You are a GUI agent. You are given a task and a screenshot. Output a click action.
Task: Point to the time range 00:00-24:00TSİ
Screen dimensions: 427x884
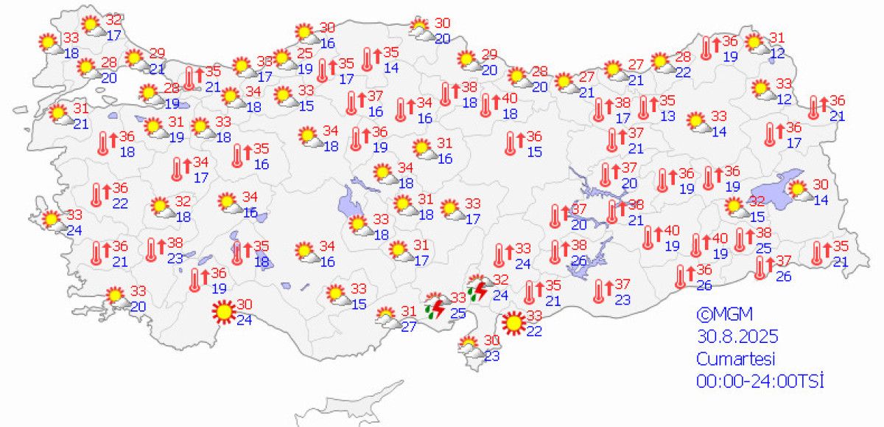tap(759, 381)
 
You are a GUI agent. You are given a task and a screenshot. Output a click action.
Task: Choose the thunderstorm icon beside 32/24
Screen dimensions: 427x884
tap(478, 288)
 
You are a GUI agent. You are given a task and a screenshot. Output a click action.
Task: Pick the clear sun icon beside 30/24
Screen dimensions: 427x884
tap(223, 313)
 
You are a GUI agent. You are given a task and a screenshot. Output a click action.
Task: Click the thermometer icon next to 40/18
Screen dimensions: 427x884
tap(486, 105)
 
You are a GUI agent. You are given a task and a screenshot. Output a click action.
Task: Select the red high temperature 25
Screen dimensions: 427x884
tap(304, 54)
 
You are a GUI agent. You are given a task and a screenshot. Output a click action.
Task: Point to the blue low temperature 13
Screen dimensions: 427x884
tap(667, 116)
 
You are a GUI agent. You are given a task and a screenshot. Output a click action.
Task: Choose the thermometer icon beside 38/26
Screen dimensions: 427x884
tap(555, 251)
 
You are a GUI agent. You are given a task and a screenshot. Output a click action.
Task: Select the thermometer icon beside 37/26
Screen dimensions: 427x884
tap(760, 267)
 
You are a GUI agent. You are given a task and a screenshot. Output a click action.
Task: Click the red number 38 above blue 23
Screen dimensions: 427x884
tap(174, 243)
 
